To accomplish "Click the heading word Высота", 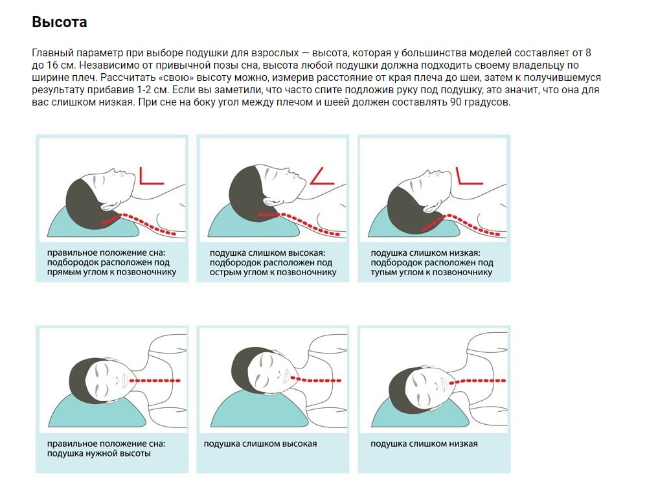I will pos(60,22).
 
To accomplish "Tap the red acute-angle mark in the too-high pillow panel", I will pos(320,177).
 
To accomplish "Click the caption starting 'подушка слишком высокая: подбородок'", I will pos(271,262).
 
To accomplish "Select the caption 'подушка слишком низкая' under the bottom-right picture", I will pos(424,444).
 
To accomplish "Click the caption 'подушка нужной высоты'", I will pos(99,454).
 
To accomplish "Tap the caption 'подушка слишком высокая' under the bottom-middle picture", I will pos(260,444).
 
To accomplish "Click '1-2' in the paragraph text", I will pos(145,91).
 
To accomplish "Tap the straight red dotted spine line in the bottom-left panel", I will pos(156,380).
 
